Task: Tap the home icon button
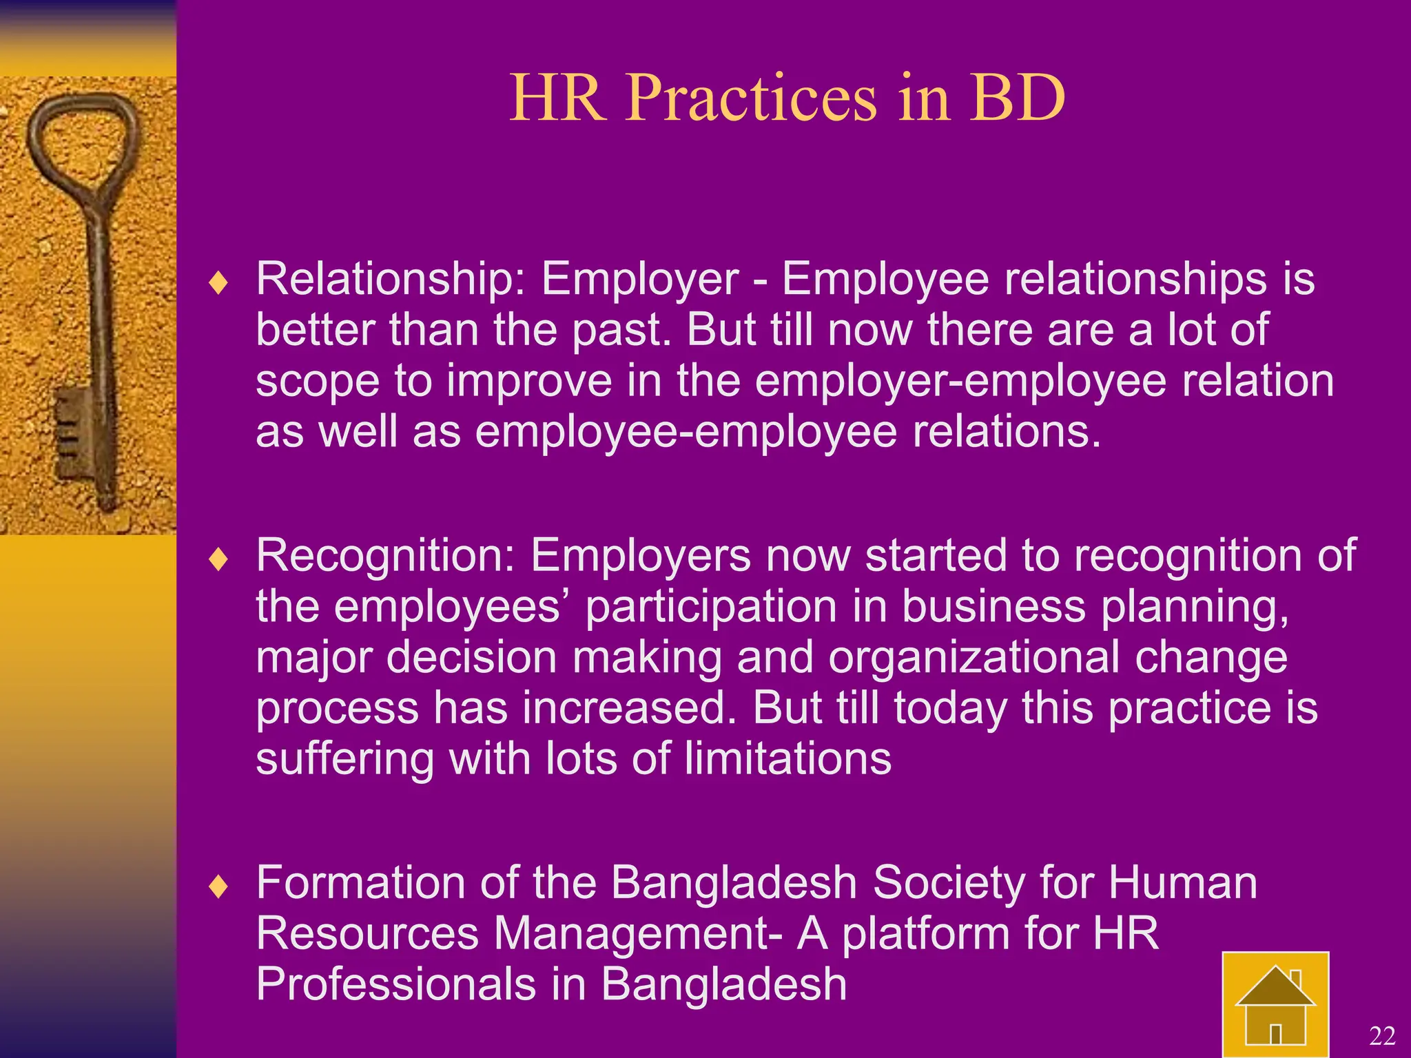pyautogui.click(x=1275, y=1005)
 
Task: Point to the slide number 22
pyautogui.click(x=1381, y=1036)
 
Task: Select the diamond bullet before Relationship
pyautogui.click(x=218, y=283)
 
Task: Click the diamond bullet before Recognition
pyautogui.click(x=218, y=559)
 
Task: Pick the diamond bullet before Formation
pyautogui.click(x=218, y=886)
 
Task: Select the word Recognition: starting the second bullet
pyautogui.click(x=385, y=555)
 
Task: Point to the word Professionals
pyautogui.click(x=395, y=984)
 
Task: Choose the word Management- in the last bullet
pyautogui.click(x=638, y=933)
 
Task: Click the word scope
pyautogui.click(x=318, y=382)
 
